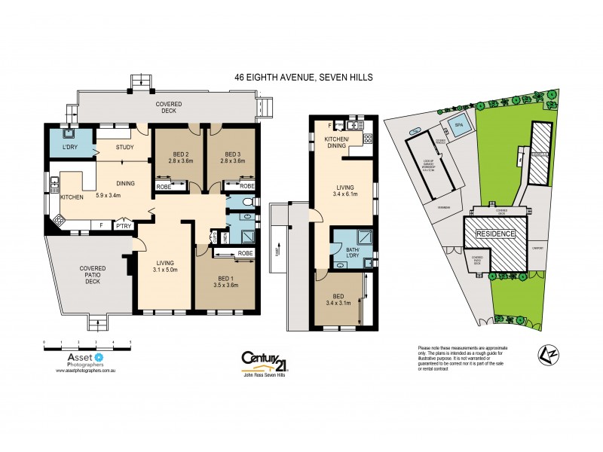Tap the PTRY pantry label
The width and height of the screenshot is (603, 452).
[121, 224]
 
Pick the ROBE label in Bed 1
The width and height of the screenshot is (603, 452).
[244, 254]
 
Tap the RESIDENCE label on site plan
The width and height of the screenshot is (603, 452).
[494, 234]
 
